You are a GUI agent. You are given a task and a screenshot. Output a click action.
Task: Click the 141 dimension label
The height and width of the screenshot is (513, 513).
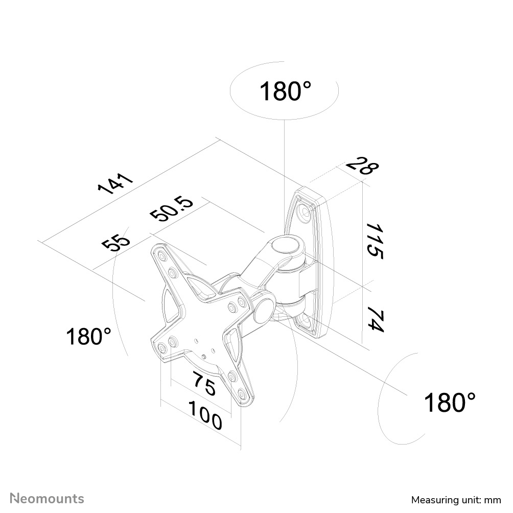tap(115, 183)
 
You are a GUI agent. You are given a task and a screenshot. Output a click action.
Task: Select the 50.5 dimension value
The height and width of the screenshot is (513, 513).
tap(172, 209)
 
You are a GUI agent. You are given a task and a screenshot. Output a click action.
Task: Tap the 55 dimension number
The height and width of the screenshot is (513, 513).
tap(116, 240)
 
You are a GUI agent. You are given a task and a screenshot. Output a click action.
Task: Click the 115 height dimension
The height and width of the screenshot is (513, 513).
tap(374, 241)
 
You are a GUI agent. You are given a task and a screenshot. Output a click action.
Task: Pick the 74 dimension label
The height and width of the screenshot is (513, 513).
tap(375, 318)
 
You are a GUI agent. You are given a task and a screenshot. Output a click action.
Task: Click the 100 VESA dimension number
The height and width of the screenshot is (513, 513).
tap(205, 414)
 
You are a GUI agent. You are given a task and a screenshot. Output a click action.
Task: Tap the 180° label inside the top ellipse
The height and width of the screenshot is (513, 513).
tap(285, 91)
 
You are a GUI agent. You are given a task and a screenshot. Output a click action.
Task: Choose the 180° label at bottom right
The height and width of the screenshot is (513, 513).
tap(450, 402)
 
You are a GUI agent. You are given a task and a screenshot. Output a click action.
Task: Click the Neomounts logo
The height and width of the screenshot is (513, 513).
tap(47, 499)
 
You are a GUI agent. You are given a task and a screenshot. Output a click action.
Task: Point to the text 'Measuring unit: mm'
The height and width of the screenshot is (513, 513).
tap(456, 500)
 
